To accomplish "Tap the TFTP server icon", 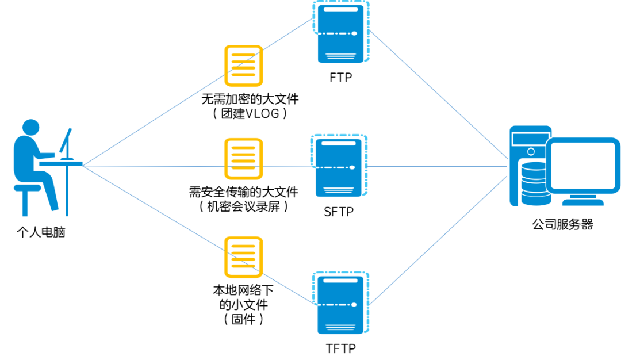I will click(x=340, y=303).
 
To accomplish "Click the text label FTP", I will click(x=340, y=77).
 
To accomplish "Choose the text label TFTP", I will click(x=340, y=348).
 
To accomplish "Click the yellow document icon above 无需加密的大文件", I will click(x=243, y=66).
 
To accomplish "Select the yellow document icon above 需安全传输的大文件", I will click(x=243, y=158).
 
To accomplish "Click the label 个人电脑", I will click(x=41, y=233).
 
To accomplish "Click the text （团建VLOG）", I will click(x=250, y=113).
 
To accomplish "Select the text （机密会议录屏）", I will click(x=243, y=206).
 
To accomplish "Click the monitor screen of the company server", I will click(x=582, y=166).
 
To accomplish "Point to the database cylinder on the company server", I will click(x=533, y=183).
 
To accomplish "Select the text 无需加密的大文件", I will click(x=250, y=99).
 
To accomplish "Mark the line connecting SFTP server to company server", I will click(x=437, y=167).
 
